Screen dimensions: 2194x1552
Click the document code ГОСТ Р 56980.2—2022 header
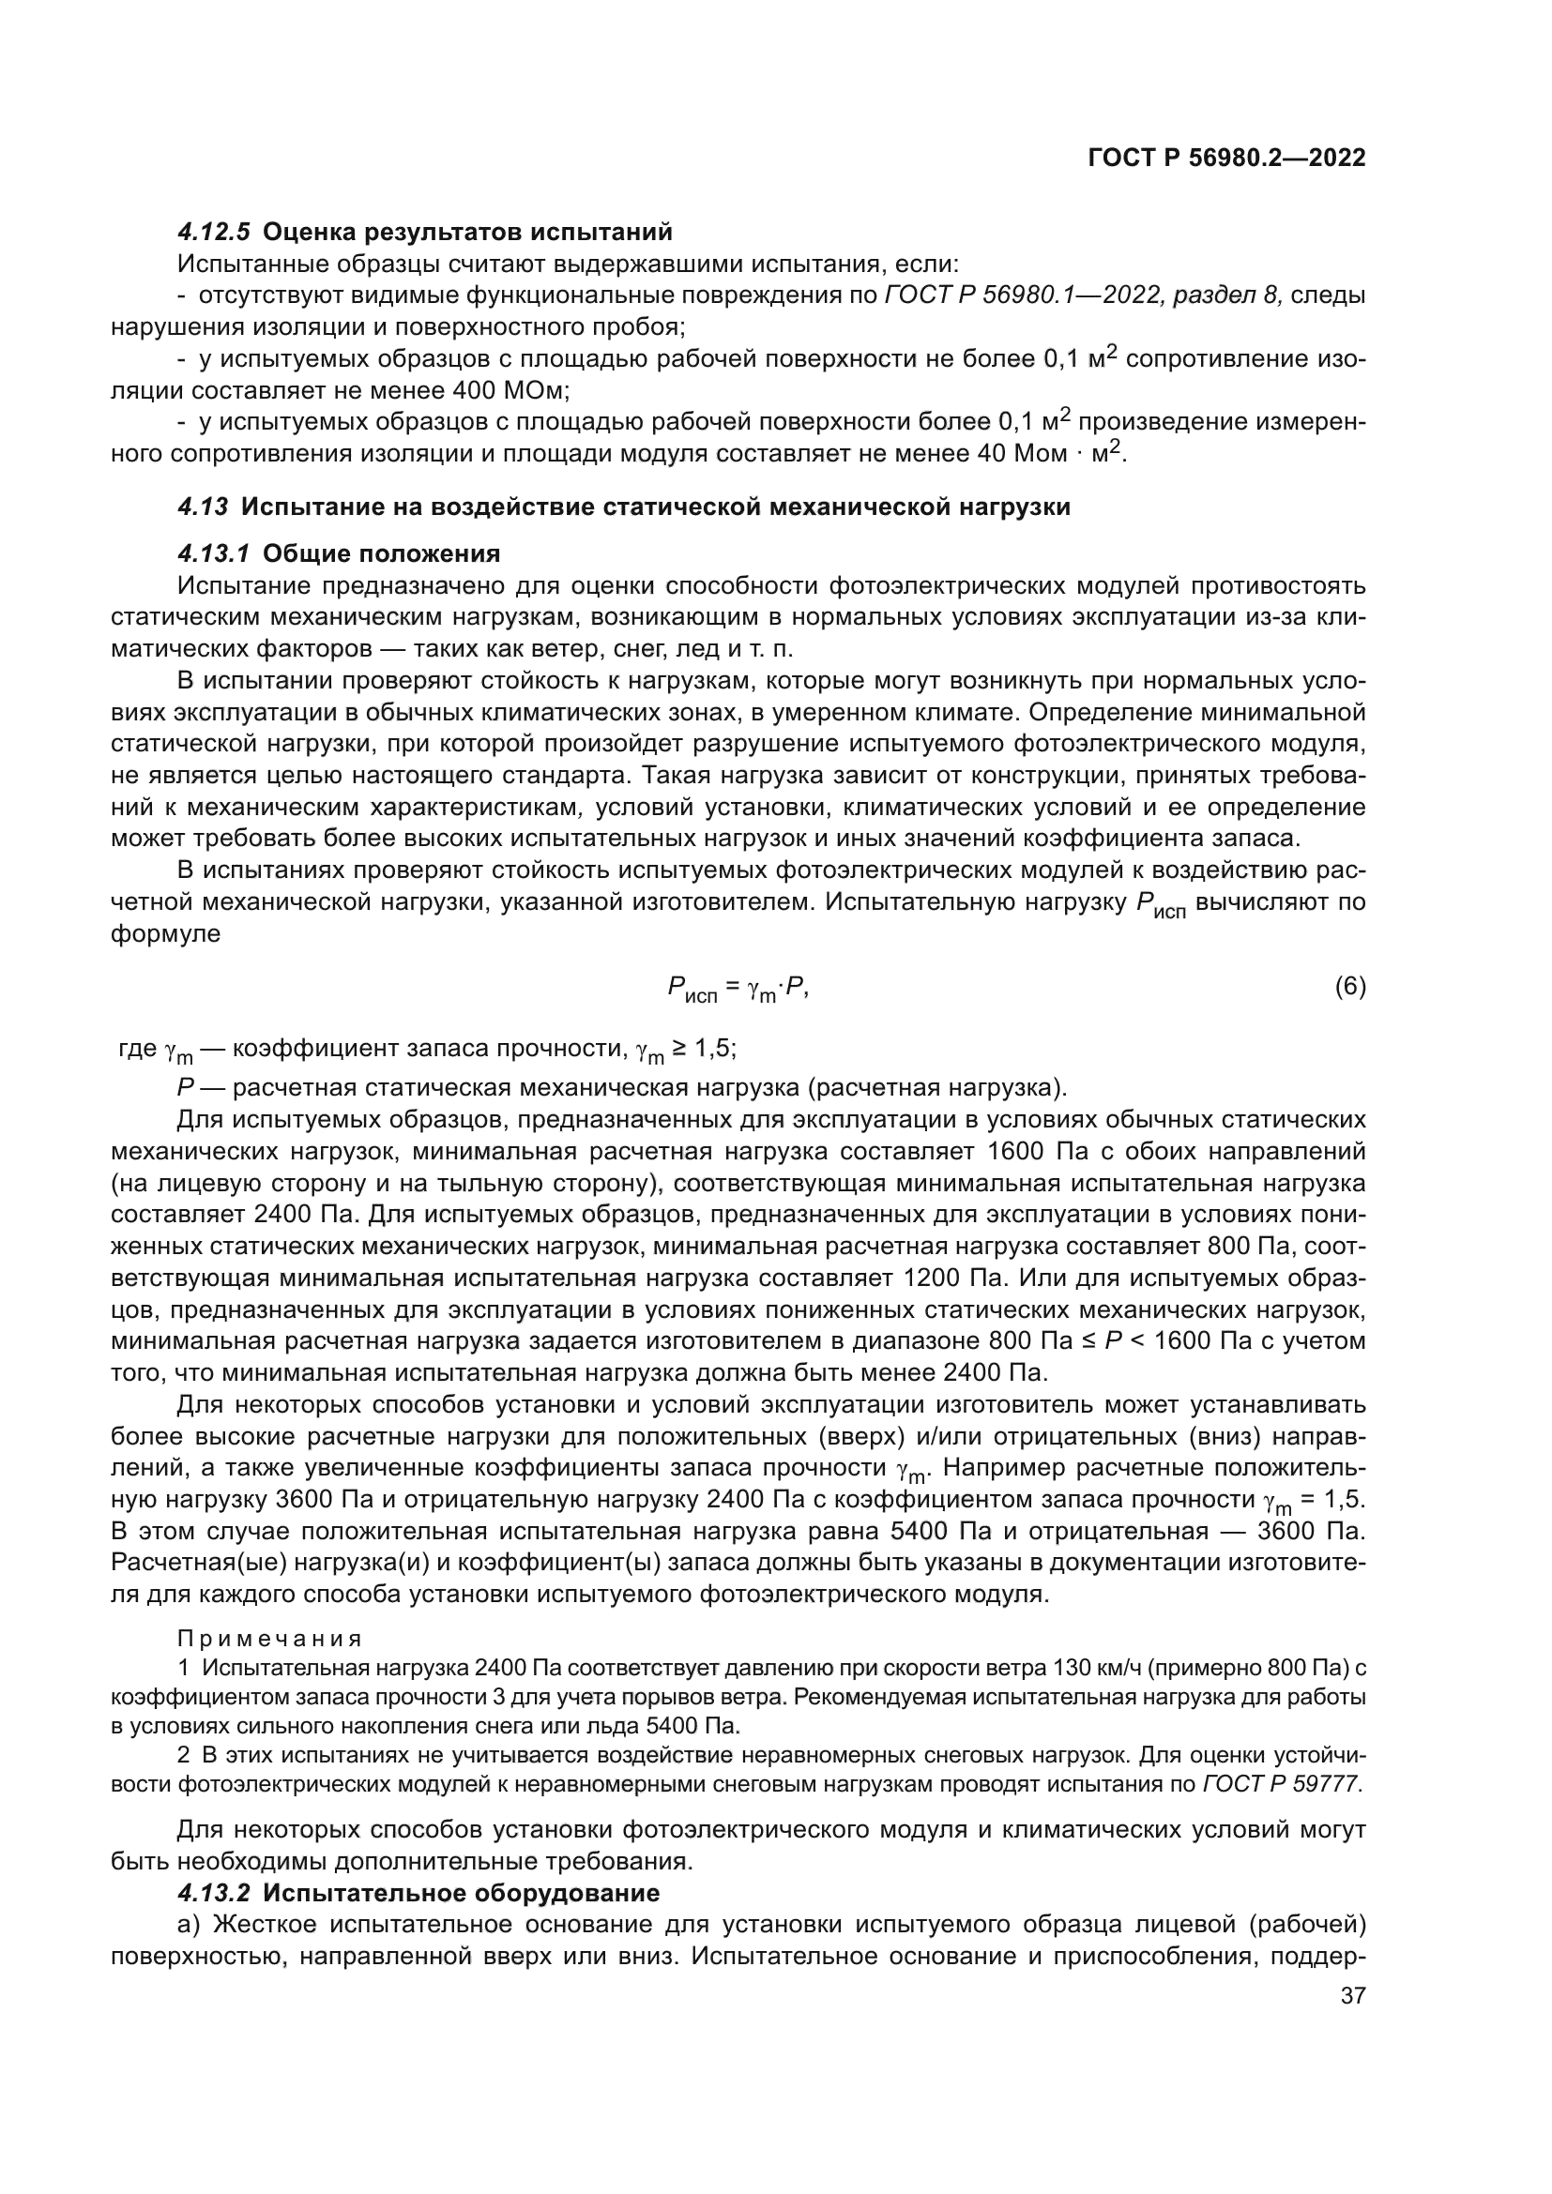1226,159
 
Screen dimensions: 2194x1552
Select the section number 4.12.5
214,233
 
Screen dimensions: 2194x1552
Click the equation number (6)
1349,987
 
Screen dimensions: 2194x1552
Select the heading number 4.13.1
214,554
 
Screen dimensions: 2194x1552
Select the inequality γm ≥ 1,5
685,1050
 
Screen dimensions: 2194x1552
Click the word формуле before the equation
165,933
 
